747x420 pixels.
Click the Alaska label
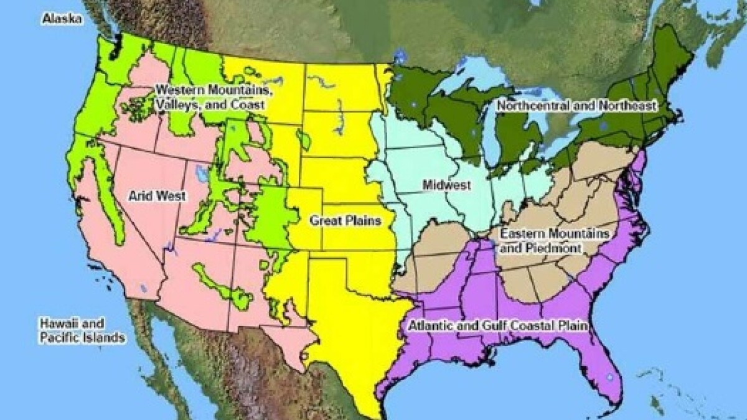(x=62, y=19)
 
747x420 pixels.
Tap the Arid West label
(x=157, y=196)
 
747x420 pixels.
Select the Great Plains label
(x=344, y=220)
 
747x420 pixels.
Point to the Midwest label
(x=446, y=185)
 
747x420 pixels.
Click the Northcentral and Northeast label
(x=576, y=106)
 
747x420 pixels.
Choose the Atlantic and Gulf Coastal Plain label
(x=498, y=325)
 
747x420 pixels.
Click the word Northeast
(x=632, y=106)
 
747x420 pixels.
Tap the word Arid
(x=140, y=196)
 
